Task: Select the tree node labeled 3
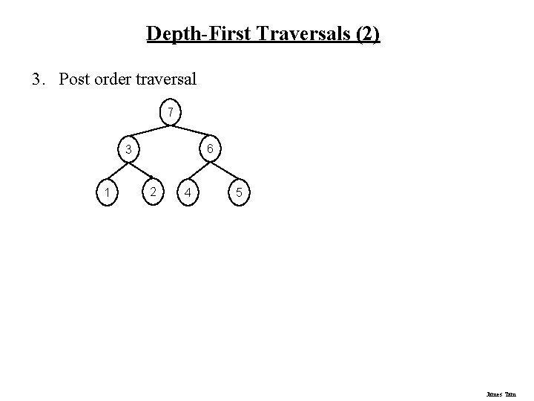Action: pos(128,150)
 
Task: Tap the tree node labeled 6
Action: pos(211,150)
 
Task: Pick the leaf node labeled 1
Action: pos(108,194)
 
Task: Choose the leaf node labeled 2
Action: pos(151,192)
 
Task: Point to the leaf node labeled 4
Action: pos(190,194)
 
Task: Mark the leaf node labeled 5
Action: pos(237,194)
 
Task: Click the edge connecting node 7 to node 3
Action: pos(149,131)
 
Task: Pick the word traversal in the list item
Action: pos(169,79)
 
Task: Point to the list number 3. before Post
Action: pos(39,79)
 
